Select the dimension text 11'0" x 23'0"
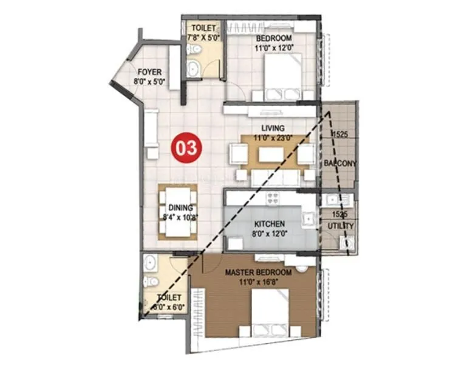pos(273,137)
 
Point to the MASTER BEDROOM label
pos(258,273)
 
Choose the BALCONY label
pos(340,164)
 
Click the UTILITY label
pos(341,226)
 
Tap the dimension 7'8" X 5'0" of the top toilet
pos(202,37)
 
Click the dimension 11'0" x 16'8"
pos(258,282)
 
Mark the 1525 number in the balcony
pos(339,134)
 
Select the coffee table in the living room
pos(271,155)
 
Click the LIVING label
pos(273,128)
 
